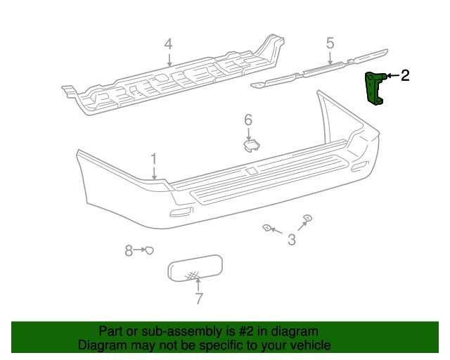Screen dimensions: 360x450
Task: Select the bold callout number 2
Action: click(x=404, y=76)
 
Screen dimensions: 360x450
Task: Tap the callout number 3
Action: click(x=291, y=241)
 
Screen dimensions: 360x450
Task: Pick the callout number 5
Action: click(x=330, y=44)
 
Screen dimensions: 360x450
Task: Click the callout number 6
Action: click(x=248, y=120)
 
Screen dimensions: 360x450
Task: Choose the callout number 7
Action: click(x=198, y=299)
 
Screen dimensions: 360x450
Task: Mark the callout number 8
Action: click(x=129, y=250)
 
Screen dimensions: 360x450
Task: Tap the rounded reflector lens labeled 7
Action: click(x=195, y=267)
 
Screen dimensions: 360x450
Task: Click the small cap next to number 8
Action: click(x=149, y=250)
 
